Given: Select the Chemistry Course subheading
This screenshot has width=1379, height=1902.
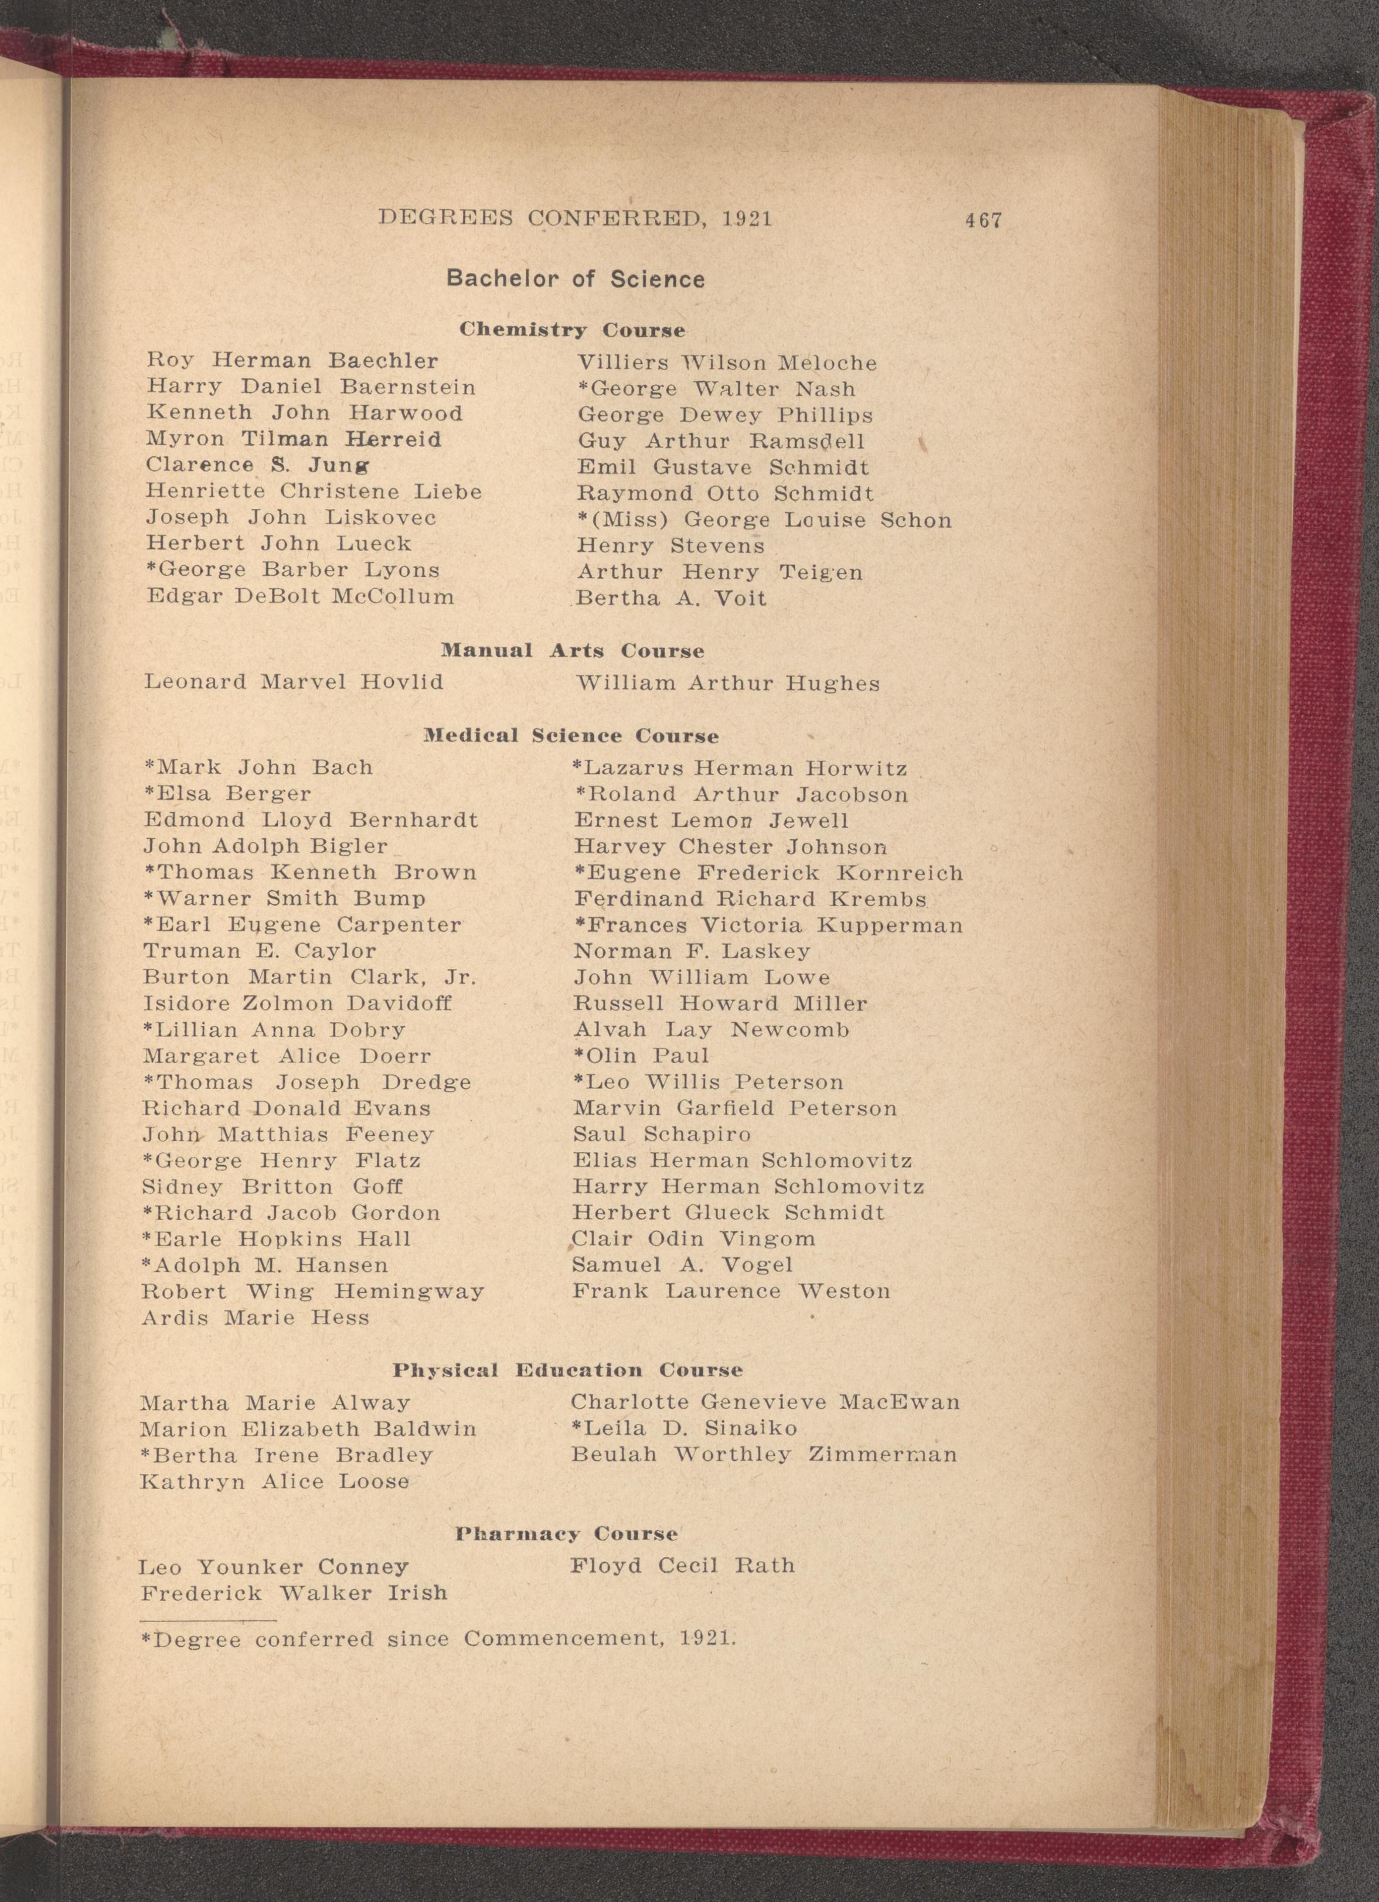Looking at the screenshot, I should (572, 330).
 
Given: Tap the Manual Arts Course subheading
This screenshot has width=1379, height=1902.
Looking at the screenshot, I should (572, 651).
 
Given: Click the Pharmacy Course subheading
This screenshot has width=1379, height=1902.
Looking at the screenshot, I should (566, 1535).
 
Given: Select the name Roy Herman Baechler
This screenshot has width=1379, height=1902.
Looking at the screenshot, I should (292, 361).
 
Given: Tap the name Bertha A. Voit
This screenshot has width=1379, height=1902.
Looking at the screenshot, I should (671, 599).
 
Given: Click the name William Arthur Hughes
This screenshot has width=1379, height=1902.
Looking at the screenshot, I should (728, 684).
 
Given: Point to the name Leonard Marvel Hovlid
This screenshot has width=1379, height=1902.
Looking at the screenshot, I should (294, 681).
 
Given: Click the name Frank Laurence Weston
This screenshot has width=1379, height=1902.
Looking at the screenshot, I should (731, 1292).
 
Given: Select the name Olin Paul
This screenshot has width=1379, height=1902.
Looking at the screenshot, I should (642, 1056).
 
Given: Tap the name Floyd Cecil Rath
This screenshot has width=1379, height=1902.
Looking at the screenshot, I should (682, 1566).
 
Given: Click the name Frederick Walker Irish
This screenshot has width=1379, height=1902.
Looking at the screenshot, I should (294, 1593).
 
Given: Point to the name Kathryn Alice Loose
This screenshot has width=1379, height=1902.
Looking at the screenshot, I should (274, 1482).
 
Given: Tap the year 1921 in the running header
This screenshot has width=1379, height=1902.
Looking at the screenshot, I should (747, 219).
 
